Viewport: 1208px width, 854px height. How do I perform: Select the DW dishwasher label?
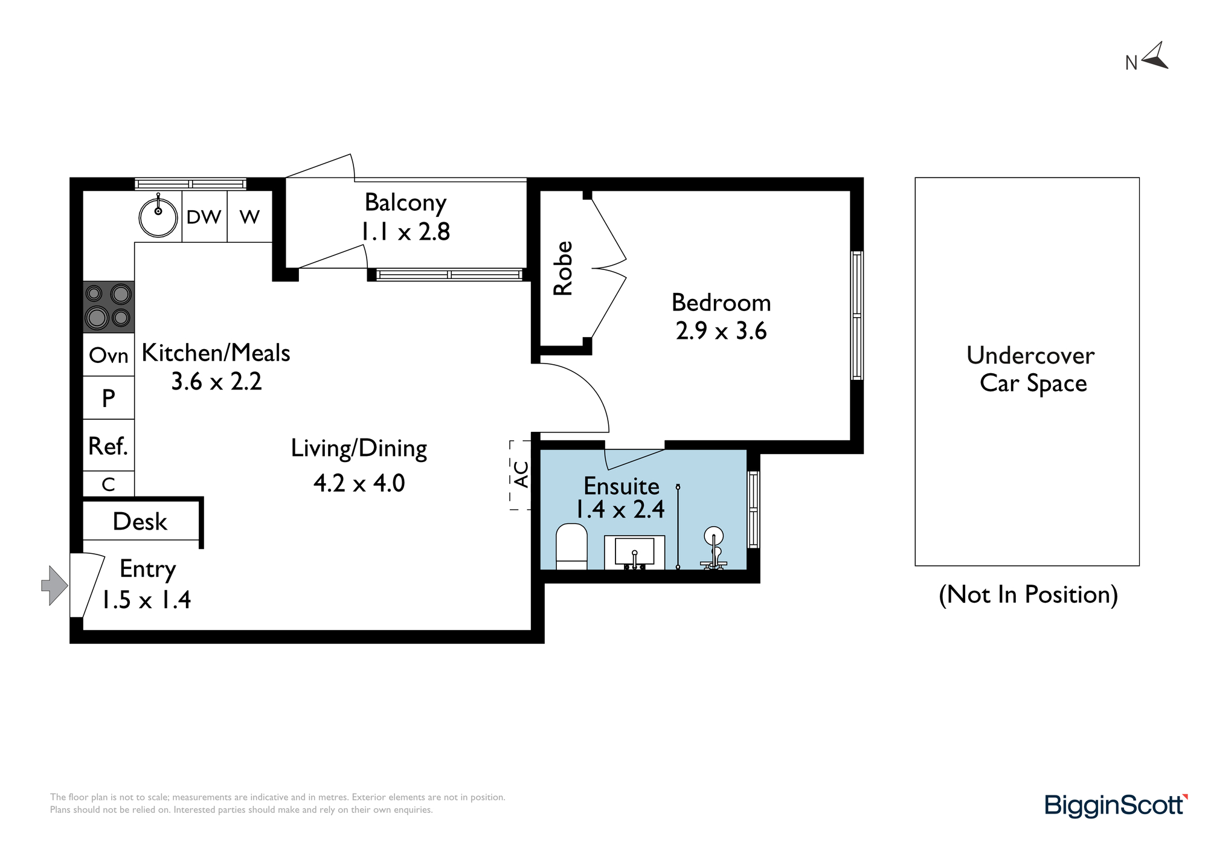point(204,217)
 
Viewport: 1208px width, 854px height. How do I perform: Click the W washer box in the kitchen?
point(249,216)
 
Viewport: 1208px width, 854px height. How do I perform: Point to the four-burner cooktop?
point(109,307)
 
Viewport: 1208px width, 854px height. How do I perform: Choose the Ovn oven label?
point(109,355)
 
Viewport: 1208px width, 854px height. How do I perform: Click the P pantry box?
point(109,397)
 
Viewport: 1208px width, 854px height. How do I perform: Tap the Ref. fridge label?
point(108,446)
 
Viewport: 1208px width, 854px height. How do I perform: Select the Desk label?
point(140,521)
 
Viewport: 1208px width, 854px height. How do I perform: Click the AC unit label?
point(521,475)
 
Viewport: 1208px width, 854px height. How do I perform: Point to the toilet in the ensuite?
point(571,547)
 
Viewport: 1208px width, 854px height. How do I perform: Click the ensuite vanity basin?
point(634,552)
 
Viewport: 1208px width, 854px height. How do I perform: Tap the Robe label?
point(563,268)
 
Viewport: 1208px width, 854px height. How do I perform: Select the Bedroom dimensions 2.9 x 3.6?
point(721,331)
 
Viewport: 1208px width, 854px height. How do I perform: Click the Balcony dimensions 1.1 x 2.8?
point(405,231)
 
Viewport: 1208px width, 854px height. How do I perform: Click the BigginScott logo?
point(1116,806)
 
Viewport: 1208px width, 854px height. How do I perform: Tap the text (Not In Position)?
point(1028,595)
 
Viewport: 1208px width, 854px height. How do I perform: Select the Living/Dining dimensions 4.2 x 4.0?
point(359,483)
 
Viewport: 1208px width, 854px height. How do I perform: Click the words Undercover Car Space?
point(1031,369)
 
